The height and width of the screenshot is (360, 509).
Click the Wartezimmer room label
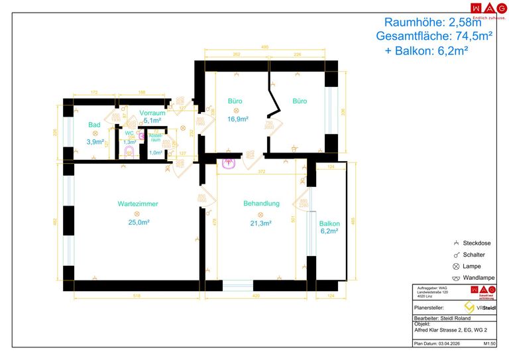[138, 204]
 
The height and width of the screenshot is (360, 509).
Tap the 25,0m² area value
[139, 223]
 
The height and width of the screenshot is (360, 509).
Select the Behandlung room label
[261, 204]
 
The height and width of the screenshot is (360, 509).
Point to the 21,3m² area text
[260, 223]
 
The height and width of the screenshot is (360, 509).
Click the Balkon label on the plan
[329, 224]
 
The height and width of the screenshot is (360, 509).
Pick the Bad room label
[95, 124]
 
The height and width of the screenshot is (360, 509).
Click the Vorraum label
[152, 113]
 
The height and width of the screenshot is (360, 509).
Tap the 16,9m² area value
[238, 119]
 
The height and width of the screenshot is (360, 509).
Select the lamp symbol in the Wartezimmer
[137, 213]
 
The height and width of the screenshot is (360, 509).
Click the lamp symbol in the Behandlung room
[260, 213]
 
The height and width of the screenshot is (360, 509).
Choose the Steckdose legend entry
[477, 243]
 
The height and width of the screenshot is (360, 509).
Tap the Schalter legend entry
[474, 255]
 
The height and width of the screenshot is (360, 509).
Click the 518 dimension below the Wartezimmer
[136, 296]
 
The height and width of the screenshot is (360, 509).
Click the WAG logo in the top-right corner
[483, 8]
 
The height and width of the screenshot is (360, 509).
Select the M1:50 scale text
[490, 344]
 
